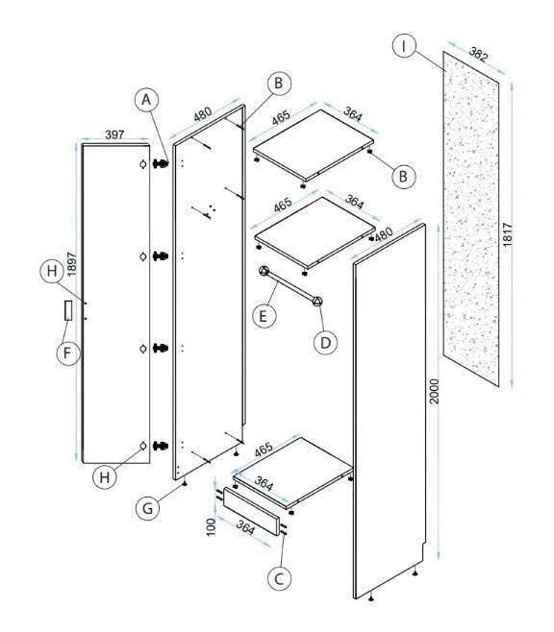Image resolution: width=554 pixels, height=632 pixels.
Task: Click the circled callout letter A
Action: (x=146, y=100)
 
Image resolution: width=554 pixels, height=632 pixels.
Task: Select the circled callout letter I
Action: (x=404, y=46)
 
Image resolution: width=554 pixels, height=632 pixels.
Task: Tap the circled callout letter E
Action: (x=264, y=316)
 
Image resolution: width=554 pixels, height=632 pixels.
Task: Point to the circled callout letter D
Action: (x=325, y=343)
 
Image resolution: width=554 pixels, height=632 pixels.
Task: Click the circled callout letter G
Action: (x=147, y=509)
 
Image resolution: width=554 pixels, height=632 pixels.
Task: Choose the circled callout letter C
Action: (x=279, y=579)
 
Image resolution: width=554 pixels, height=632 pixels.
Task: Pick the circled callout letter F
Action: (x=67, y=353)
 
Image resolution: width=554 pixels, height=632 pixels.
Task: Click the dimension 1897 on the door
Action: (x=71, y=264)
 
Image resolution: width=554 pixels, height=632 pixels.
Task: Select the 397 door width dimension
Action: (x=114, y=134)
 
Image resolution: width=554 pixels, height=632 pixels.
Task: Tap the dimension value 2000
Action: (x=434, y=391)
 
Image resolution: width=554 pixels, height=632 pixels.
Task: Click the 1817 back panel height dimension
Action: (x=507, y=234)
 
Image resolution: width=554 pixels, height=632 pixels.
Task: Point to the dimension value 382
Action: (x=479, y=54)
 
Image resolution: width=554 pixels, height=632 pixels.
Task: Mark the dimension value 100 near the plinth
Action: (x=211, y=526)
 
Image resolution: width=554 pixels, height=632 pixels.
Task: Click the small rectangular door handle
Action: (x=68, y=310)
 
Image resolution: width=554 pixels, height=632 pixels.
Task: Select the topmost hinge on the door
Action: (x=161, y=163)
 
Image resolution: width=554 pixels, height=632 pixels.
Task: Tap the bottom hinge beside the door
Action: (x=161, y=446)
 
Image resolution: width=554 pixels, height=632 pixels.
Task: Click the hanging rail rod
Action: (x=290, y=286)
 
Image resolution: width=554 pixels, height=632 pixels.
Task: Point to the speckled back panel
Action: (x=471, y=219)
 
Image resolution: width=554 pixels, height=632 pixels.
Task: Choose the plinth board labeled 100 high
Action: (x=251, y=511)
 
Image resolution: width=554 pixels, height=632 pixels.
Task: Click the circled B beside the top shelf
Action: (x=403, y=176)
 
